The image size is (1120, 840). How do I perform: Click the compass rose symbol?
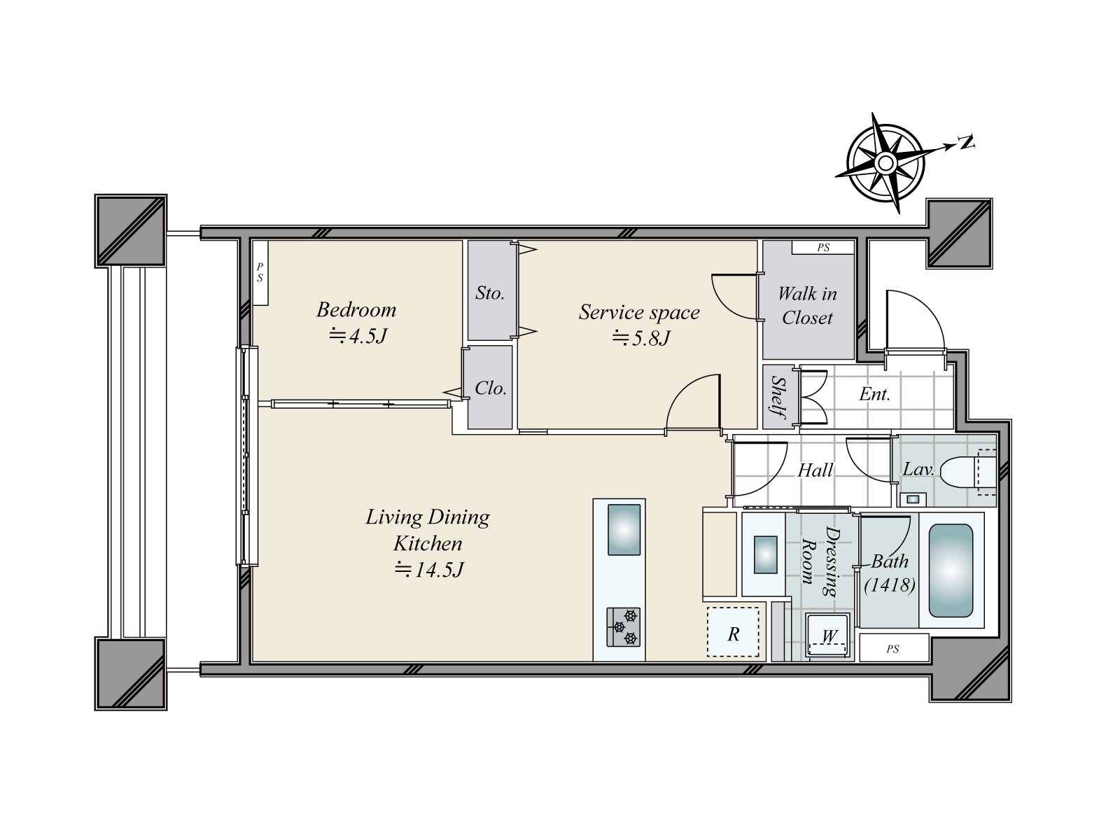(x=885, y=163)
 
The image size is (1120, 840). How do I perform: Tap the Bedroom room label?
(x=356, y=309)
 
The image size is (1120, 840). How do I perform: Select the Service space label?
(x=639, y=312)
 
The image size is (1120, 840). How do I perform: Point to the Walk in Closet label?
(x=807, y=305)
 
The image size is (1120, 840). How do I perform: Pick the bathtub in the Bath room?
(x=951, y=570)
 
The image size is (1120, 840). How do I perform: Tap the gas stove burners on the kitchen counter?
(x=624, y=626)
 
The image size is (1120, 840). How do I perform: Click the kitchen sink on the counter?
(x=624, y=530)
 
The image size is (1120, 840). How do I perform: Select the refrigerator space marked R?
(x=733, y=632)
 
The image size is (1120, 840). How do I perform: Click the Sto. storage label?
(x=490, y=293)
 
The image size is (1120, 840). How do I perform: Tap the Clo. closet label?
(x=491, y=388)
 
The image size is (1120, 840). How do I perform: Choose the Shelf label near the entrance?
(x=778, y=398)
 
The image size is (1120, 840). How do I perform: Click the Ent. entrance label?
(x=874, y=393)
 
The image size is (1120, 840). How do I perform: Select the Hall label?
(x=815, y=470)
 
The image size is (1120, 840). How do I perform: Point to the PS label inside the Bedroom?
(x=260, y=273)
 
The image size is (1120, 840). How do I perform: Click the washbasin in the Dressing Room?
(x=765, y=554)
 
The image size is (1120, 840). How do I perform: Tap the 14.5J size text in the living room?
(x=430, y=570)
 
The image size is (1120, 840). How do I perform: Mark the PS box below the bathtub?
(x=893, y=647)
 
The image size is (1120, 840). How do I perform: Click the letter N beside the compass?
(x=966, y=142)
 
